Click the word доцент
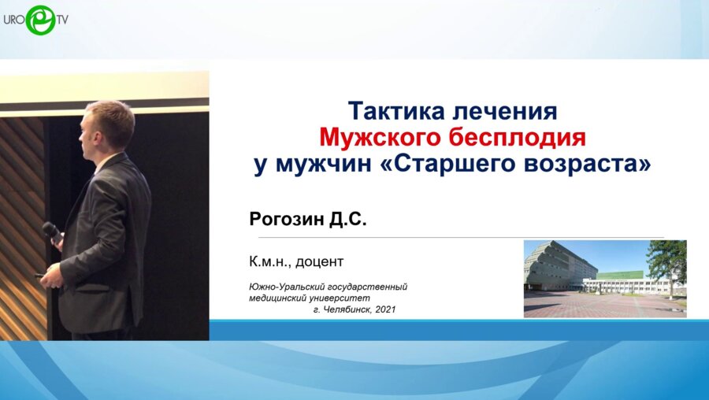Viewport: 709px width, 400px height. click(319, 261)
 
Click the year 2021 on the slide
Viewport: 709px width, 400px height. click(386, 309)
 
